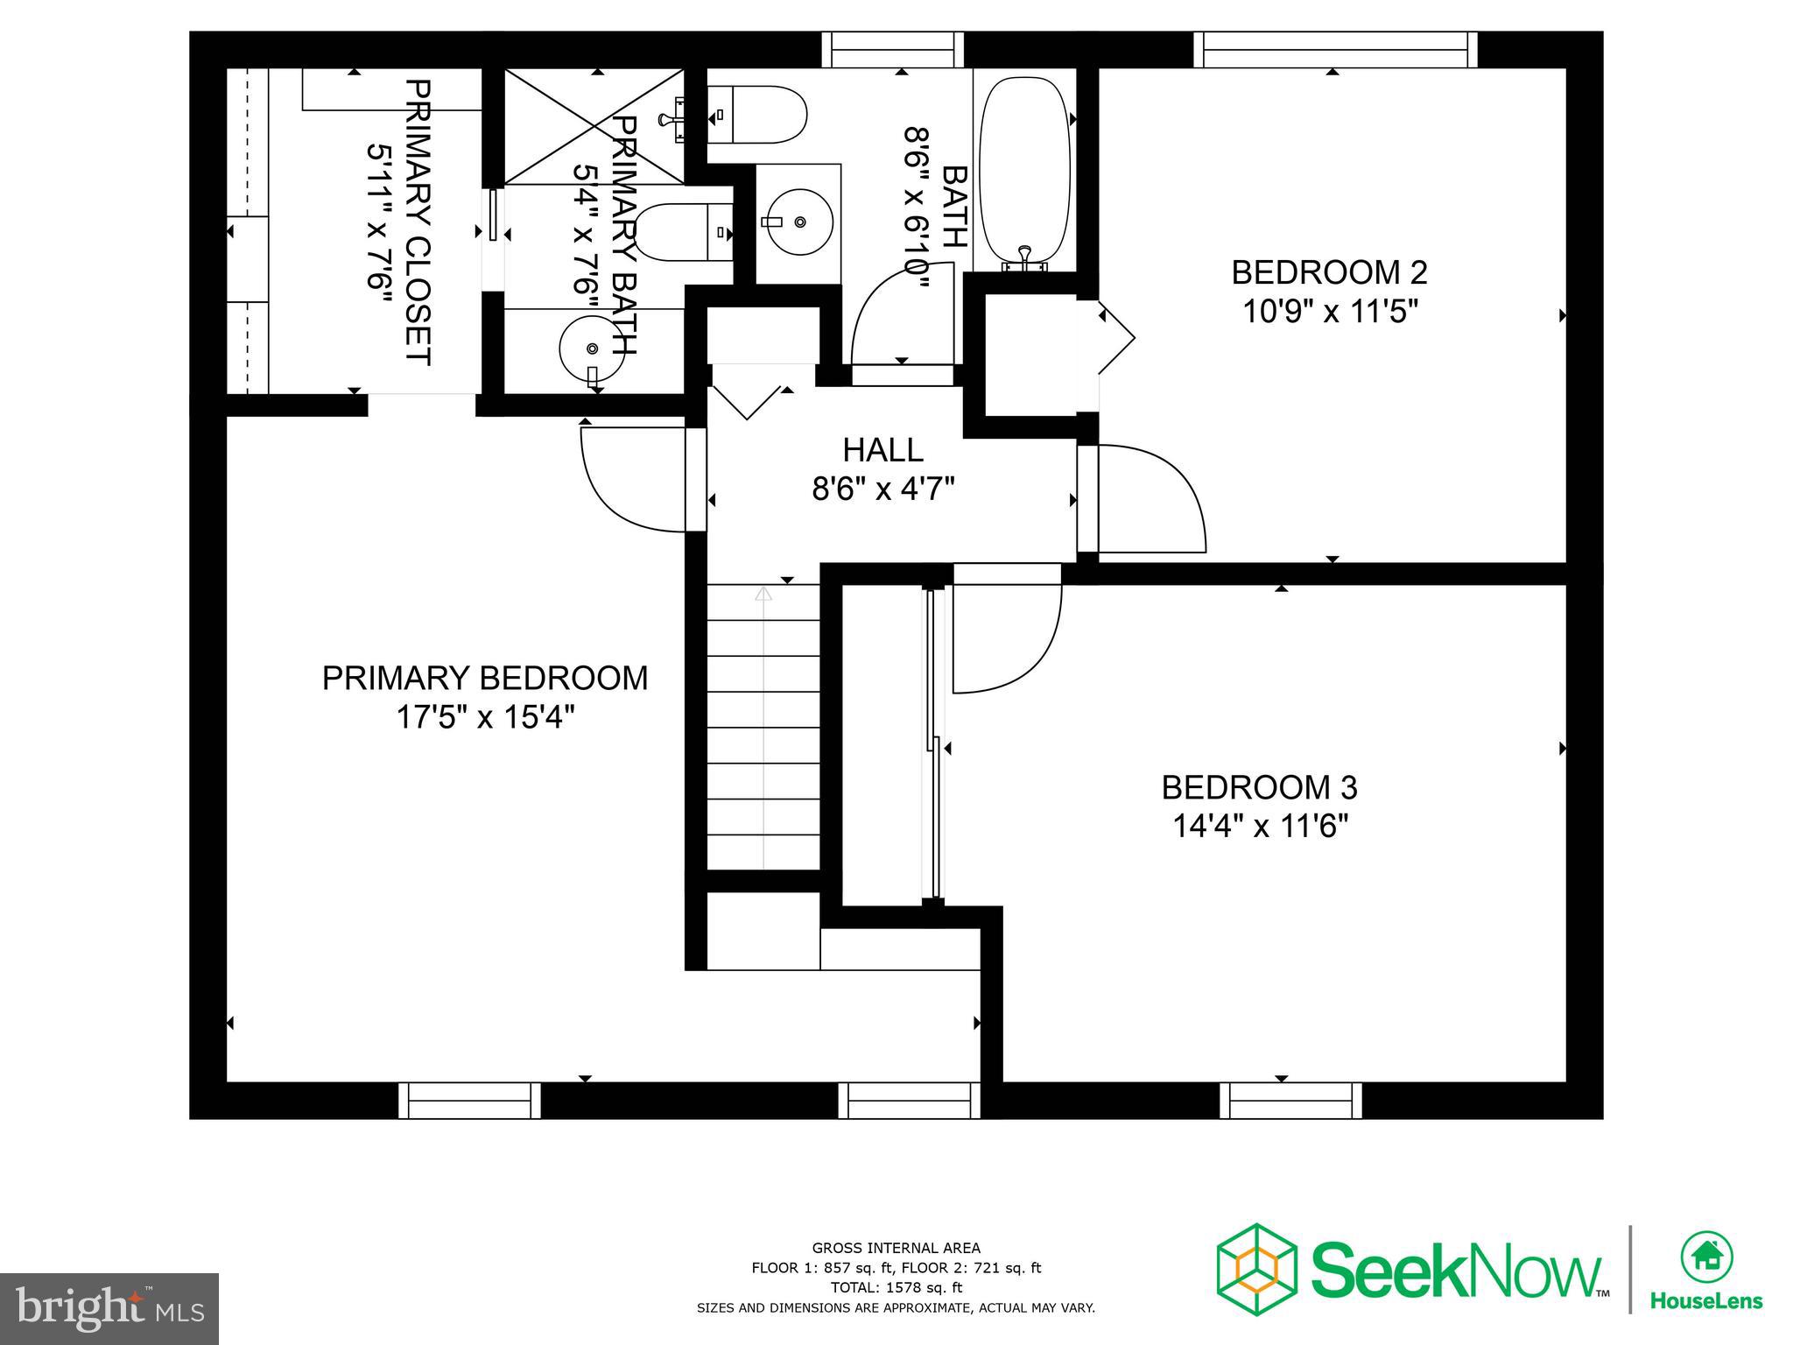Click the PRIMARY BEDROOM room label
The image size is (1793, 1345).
click(485, 679)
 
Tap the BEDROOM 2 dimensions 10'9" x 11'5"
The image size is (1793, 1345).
click(1329, 311)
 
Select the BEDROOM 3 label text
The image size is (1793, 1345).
click(1259, 787)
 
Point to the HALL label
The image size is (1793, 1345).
click(882, 450)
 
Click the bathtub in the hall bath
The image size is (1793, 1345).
click(1024, 171)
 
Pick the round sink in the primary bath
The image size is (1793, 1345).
click(592, 349)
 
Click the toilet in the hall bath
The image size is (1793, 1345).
click(757, 115)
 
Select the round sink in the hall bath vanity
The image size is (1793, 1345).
click(797, 223)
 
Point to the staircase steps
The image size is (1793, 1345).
click(763, 727)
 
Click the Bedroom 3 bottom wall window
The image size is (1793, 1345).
click(1290, 1101)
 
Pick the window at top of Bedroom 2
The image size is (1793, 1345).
click(1334, 49)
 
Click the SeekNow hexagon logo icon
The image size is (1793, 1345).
click(1256, 1270)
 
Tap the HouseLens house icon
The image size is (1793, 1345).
click(1705, 1257)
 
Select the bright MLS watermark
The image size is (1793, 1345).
click(109, 1308)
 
